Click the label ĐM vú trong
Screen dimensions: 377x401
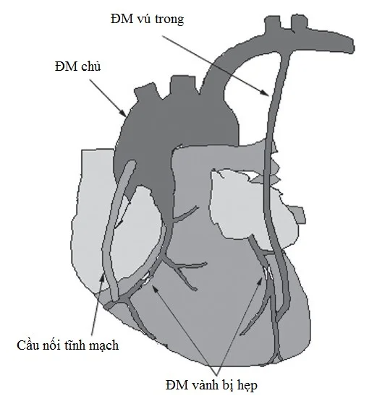pyautogui.click(x=148, y=19)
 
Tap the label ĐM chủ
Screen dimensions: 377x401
pyautogui.click(x=78, y=66)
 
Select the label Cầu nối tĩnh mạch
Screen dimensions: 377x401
pyautogui.click(x=68, y=345)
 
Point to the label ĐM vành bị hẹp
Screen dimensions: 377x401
pyautogui.click(x=211, y=385)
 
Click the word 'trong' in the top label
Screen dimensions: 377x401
pyautogui.click(x=169, y=20)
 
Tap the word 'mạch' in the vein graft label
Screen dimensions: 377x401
pyautogui.click(x=104, y=346)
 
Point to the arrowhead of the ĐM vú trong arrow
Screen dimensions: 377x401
pyautogui.click(x=265, y=93)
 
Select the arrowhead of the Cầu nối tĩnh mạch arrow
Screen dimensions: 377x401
pyautogui.click(x=103, y=278)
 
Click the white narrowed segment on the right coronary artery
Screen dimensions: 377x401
pyautogui.click(x=147, y=278)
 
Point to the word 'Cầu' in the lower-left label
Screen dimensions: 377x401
pyautogui.click(x=29, y=345)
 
